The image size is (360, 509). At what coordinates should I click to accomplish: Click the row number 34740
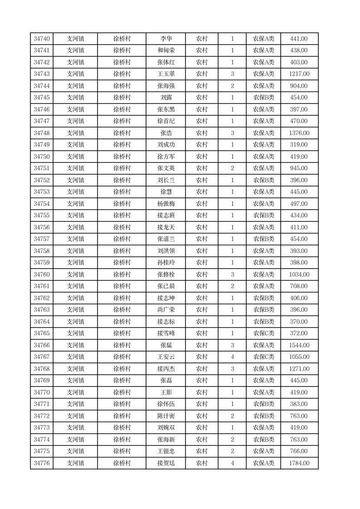pyautogui.click(x=42, y=39)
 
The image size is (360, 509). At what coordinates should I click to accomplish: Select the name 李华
pyautogui.click(x=166, y=39)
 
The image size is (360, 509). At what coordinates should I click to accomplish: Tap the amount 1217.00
pyautogui.click(x=299, y=74)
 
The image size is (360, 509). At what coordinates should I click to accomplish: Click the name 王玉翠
pyautogui.click(x=166, y=74)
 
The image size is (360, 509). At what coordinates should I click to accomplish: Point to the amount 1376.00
pyautogui.click(x=299, y=133)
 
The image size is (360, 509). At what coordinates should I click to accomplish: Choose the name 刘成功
pyautogui.click(x=166, y=145)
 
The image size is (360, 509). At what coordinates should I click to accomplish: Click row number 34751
pyautogui.click(x=42, y=168)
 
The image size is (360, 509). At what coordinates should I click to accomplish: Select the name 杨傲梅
pyautogui.click(x=166, y=204)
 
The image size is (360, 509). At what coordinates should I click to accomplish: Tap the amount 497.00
pyautogui.click(x=299, y=204)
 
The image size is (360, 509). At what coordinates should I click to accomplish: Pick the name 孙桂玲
pyautogui.click(x=166, y=263)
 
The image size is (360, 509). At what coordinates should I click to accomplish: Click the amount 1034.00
pyautogui.click(x=299, y=274)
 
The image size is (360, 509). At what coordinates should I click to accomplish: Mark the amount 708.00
pyautogui.click(x=299, y=286)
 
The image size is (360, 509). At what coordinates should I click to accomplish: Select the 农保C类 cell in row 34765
pyautogui.click(x=263, y=333)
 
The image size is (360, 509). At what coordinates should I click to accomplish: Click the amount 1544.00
pyautogui.click(x=299, y=345)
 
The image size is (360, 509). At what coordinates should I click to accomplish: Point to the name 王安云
pyautogui.click(x=166, y=357)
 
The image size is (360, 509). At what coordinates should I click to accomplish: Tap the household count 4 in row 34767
pyautogui.click(x=232, y=357)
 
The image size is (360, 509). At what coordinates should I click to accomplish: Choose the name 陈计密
pyautogui.click(x=166, y=416)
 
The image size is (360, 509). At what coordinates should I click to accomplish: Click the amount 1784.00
pyautogui.click(x=299, y=463)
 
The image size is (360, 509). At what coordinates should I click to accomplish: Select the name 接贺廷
pyautogui.click(x=166, y=463)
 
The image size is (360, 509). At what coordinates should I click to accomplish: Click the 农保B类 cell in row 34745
pyautogui.click(x=263, y=98)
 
